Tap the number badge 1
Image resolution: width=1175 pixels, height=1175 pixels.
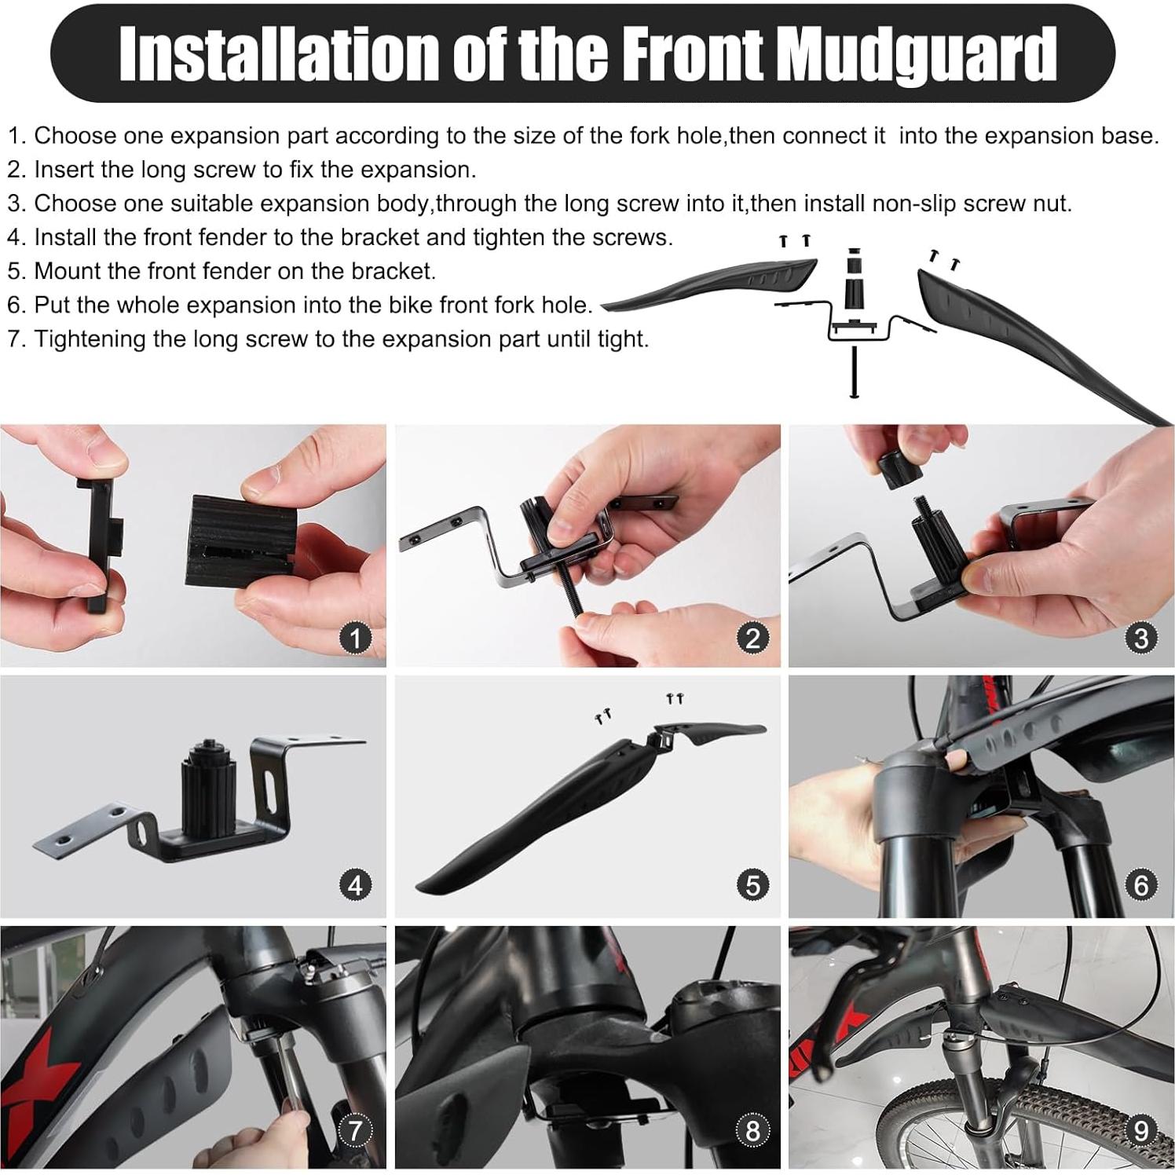[355, 638]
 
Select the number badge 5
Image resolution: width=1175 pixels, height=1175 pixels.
[752, 885]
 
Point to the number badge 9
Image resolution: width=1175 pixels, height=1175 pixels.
[1141, 1131]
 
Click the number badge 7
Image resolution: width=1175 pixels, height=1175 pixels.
[355, 1131]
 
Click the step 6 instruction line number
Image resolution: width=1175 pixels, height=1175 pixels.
[16, 306]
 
